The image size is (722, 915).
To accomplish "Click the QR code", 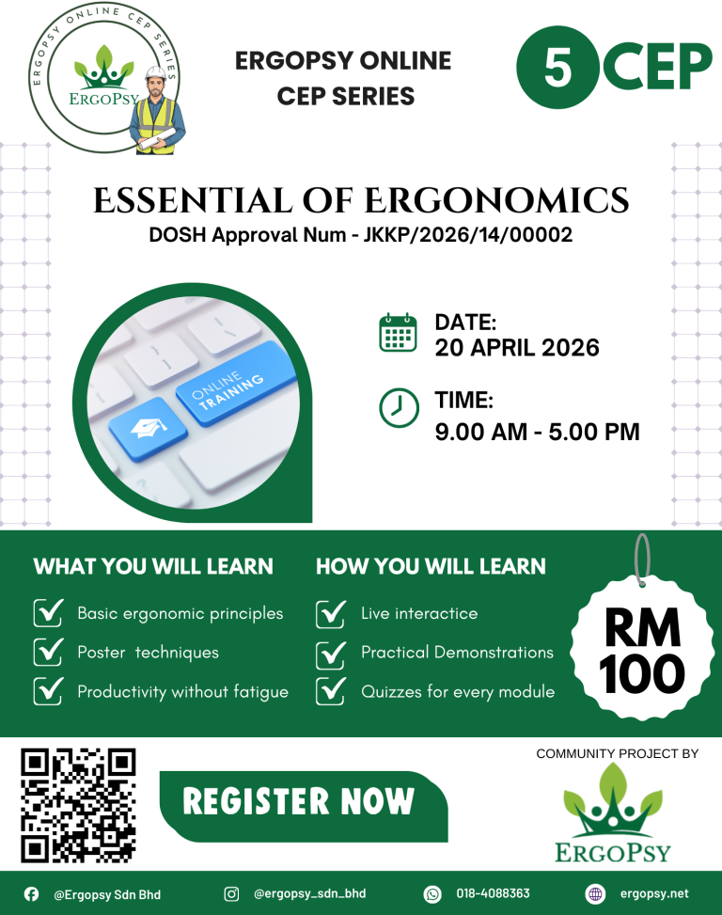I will pos(78,805).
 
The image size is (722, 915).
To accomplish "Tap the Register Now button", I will pos(299,802).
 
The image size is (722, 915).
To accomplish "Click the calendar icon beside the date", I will pos(398,334).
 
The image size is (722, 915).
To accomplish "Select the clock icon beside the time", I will pos(398,407).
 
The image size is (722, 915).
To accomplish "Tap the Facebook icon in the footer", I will pos(32,894).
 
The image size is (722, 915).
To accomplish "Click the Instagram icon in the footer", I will pos(231,894).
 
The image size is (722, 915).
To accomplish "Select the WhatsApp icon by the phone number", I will pos(432,894).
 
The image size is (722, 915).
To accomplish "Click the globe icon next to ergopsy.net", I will pos(594,894).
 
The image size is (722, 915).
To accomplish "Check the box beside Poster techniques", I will pos(48,652).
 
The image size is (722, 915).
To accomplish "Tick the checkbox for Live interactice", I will pos(331,613).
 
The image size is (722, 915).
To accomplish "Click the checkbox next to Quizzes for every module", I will pos(331,691).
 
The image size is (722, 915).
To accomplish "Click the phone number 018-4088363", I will pos(493,894).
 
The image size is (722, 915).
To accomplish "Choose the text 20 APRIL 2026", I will pos(516,348).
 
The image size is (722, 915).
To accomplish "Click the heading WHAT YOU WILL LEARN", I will pos(153,566).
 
